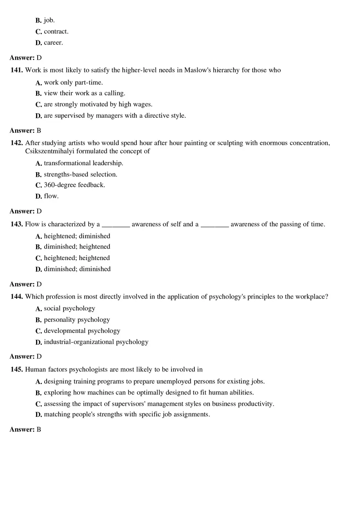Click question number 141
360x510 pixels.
click(17, 70)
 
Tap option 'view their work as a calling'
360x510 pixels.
click(84, 93)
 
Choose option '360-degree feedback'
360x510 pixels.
click(74, 185)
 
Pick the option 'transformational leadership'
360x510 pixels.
click(83, 163)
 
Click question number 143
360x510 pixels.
click(17, 225)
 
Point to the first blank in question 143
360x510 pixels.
click(116, 225)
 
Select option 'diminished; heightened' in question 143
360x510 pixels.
click(77, 247)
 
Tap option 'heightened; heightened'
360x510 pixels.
click(77, 258)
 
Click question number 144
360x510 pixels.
click(17, 297)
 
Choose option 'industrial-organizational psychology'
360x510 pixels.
click(96, 342)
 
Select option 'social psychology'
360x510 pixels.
click(70, 308)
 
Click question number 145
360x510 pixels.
click(17, 370)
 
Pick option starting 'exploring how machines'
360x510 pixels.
click(148, 393)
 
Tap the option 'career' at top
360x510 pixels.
click(53, 43)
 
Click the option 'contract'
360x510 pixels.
click(56, 31)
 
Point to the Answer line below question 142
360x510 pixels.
click(25, 211)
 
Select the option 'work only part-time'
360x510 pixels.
click(73, 83)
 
